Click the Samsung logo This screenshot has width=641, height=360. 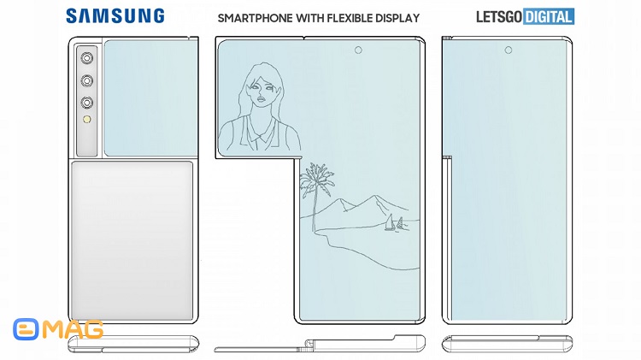pyautogui.click(x=115, y=16)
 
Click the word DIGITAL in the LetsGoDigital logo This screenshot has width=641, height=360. pyautogui.click(x=549, y=16)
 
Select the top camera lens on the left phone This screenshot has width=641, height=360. pyautogui.click(x=86, y=58)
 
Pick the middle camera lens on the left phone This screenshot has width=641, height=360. pyautogui.click(x=86, y=80)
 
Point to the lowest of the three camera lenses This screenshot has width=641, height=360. pyautogui.click(x=86, y=103)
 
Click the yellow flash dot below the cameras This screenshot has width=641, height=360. pyautogui.click(x=86, y=120)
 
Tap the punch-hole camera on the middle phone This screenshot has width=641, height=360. pyautogui.click(x=358, y=50)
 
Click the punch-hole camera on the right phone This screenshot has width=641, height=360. pyautogui.click(x=509, y=50)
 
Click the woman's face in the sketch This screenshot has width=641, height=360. pyautogui.click(x=259, y=92)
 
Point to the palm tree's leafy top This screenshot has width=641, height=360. pyautogui.click(x=317, y=179)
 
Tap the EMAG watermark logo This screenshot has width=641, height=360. pyautogui.click(x=58, y=329)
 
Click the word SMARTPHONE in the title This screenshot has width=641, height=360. pyautogui.click(x=255, y=19)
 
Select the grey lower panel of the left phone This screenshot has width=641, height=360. pyautogui.click(x=132, y=240)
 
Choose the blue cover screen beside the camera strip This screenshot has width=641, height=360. pyautogui.click(x=150, y=98)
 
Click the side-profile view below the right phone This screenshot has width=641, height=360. pyautogui.click(x=507, y=344)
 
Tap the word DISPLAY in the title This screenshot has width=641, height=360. pyautogui.click(x=401, y=19)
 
